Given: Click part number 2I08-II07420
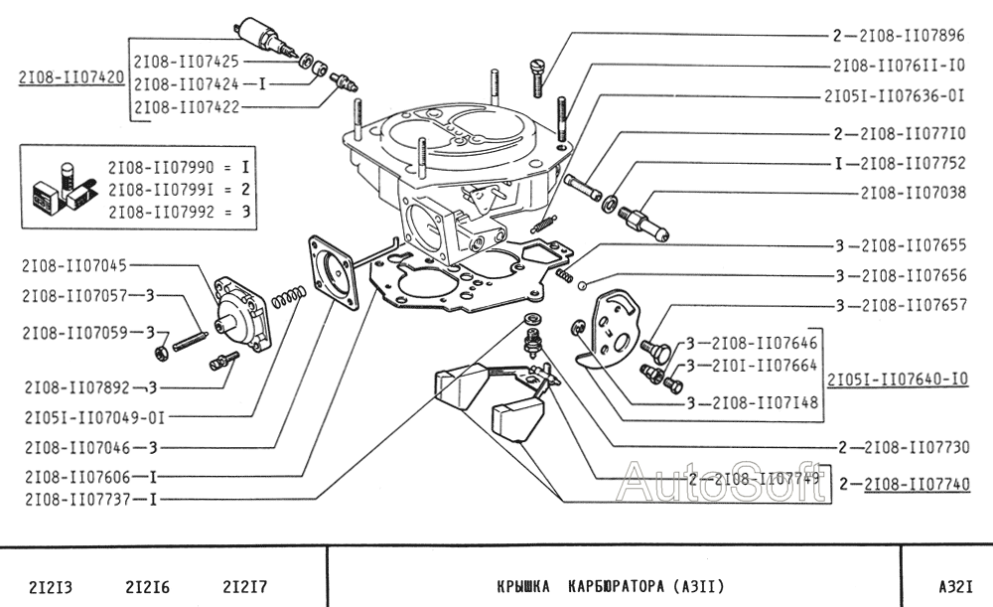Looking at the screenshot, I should pos(71,77).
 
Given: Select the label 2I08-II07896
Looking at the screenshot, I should pos(912,36).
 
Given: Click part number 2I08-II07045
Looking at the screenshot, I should pos(73,265).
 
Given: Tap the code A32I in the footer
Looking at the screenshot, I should pos(954,587).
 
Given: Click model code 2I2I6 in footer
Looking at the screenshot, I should pos(146,587).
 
